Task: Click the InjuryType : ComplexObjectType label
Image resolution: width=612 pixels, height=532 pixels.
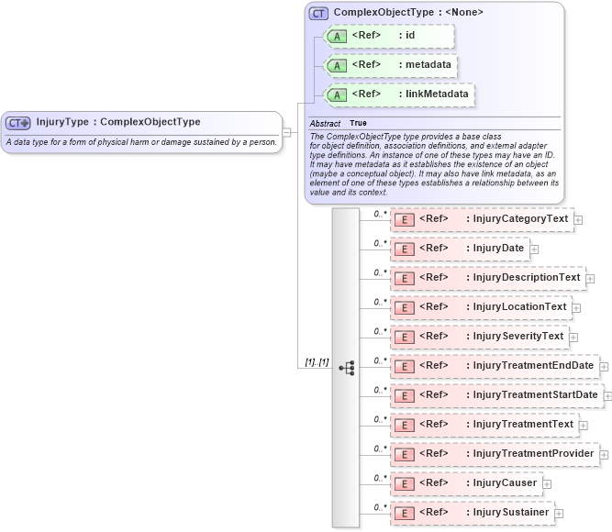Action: (x=117, y=122)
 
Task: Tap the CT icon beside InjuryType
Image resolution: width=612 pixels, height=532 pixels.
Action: (x=18, y=123)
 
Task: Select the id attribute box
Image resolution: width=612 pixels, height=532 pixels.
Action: (x=384, y=36)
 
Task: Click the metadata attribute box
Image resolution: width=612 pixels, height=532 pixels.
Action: (x=391, y=65)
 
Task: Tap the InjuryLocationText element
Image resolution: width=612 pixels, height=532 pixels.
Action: (x=481, y=307)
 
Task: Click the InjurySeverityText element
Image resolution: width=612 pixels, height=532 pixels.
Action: (x=479, y=337)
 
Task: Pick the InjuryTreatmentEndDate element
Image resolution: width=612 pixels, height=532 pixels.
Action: (x=494, y=366)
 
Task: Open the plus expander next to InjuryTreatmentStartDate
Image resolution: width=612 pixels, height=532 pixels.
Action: (x=606, y=396)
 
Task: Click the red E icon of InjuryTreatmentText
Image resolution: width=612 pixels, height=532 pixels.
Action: (x=403, y=425)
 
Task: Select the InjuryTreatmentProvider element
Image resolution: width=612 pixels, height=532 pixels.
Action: (x=494, y=454)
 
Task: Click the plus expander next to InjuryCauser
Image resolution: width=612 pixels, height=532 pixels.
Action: (x=547, y=483)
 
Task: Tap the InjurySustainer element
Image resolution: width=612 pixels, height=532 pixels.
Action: (x=472, y=513)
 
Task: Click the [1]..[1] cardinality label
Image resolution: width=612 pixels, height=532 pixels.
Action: (x=317, y=362)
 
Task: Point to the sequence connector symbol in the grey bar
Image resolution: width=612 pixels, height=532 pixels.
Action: (x=347, y=367)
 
